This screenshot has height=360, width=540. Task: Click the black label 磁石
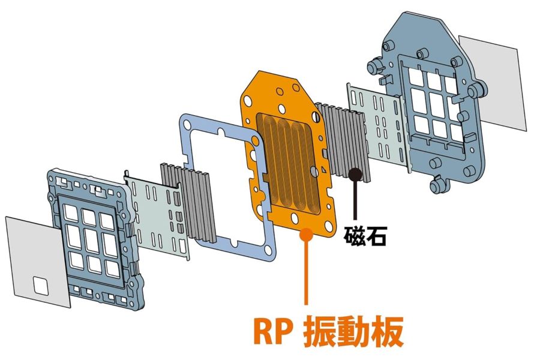365,235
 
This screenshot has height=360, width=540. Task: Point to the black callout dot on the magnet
355,175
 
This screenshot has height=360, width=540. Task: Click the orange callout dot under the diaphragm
306,235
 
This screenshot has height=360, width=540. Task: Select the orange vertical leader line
306,272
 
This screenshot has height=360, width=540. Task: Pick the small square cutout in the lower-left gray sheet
41,286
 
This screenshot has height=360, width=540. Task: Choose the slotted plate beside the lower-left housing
157,214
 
